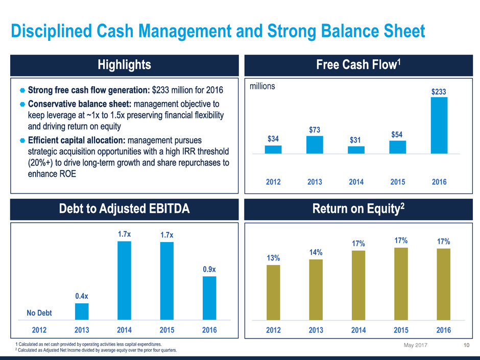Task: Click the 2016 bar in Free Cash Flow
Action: pyautogui.click(x=439, y=125)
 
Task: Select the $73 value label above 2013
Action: pyautogui.click(x=315, y=130)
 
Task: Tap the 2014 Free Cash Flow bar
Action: pyautogui.click(x=356, y=150)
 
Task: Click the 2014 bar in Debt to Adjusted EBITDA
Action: pyautogui.click(x=124, y=280)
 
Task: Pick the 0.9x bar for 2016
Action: pyautogui.click(x=209, y=298)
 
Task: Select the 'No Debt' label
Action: pyautogui.click(x=39, y=313)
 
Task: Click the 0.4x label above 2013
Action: pyautogui.click(x=82, y=296)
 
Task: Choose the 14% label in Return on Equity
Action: pyautogui.click(x=316, y=252)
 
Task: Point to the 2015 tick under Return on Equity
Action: pyautogui.click(x=401, y=330)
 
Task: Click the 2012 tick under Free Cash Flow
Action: pyautogui.click(x=273, y=182)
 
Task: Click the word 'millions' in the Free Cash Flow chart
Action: pyautogui.click(x=262, y=87)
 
